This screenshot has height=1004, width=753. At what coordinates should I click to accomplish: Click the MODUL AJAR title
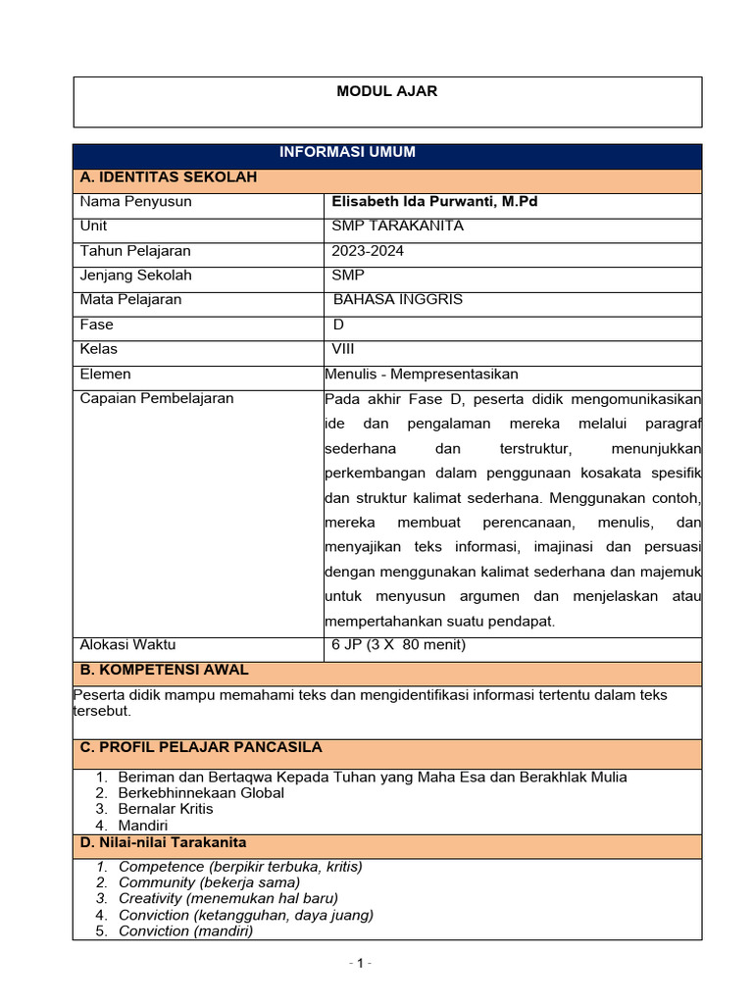point(386,91)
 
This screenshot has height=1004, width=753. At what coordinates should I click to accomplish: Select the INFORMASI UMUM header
point(347,152)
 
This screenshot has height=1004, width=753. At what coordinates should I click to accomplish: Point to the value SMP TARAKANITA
point(398,226)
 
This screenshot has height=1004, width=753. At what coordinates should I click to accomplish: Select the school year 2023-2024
point(368,251)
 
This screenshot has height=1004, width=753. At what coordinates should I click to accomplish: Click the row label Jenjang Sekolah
point(135,276)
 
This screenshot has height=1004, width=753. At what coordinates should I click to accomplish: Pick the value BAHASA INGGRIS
point(398,300)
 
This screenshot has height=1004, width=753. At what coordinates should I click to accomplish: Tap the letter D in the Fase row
point(339,325)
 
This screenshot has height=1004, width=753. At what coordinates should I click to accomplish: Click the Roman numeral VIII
point(342,349)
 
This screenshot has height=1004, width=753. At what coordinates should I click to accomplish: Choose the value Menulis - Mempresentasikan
point(421,374)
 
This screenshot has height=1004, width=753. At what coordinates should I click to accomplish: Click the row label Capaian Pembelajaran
point(157,399)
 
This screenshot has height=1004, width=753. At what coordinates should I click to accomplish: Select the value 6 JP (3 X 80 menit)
point(399,644)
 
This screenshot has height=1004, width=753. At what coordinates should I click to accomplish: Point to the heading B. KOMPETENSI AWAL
point(164,671)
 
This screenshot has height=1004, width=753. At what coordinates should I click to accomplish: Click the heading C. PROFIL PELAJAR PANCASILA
point(201,747)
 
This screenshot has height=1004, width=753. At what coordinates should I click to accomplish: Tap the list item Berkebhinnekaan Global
point(201,793)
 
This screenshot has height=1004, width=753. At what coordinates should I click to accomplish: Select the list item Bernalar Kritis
point(166,809)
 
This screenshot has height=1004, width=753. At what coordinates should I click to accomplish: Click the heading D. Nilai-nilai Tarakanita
point(163,843)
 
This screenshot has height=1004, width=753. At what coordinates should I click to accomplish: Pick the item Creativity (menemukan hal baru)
point(227,898)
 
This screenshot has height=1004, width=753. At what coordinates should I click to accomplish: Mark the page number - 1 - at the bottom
point(360,963)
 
